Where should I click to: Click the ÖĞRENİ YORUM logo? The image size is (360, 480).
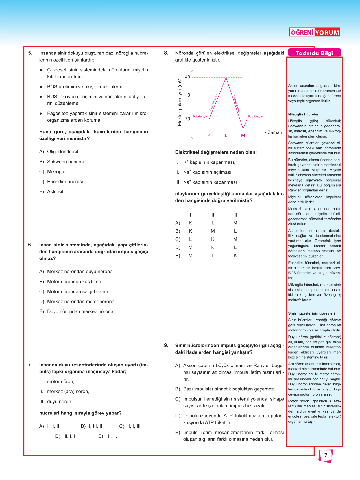[314, 32]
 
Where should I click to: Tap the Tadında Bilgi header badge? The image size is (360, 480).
[314, 53]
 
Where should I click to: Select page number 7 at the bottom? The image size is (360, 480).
[326, 455]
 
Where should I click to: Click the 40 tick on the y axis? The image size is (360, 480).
[187, 77]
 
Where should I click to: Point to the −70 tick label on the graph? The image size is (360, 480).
[186, 119]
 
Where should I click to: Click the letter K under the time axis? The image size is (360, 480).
[209, 136]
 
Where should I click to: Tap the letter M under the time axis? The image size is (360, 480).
[243, 136]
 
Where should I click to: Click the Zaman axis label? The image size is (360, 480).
[275, 132]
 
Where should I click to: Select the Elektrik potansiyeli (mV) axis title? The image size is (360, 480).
[180, 102]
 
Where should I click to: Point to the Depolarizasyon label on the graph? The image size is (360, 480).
[214, 102]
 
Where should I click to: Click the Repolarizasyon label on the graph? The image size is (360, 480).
[237, 104]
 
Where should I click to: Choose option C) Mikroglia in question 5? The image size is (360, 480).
[53, 172]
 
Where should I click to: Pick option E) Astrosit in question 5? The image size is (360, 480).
[51, 192]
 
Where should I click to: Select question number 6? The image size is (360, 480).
[30, 245]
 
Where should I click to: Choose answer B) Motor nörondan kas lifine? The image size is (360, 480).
[70, 282]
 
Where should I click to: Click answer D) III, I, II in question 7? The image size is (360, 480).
[66, 436]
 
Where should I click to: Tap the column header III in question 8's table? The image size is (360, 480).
[235, 215]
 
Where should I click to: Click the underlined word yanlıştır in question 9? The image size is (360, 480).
[240, 352]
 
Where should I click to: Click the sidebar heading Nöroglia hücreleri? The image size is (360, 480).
[304, 114]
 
